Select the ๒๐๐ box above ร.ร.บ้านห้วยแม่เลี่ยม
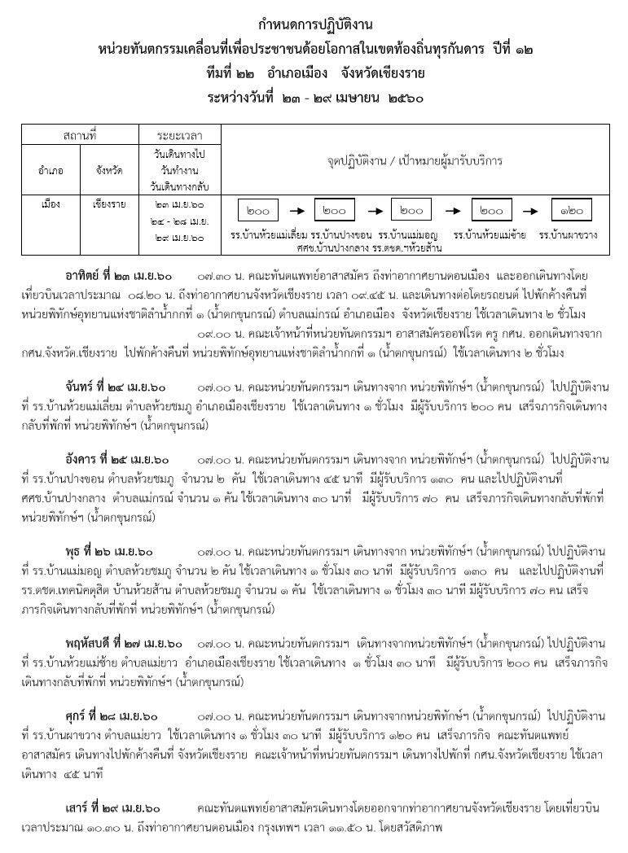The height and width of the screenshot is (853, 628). click(258, 210)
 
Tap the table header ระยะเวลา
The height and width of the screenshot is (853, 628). click(180, 133)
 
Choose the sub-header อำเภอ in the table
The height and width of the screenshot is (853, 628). click(52, 171)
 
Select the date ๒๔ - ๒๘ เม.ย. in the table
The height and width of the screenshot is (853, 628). click(180, 220)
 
